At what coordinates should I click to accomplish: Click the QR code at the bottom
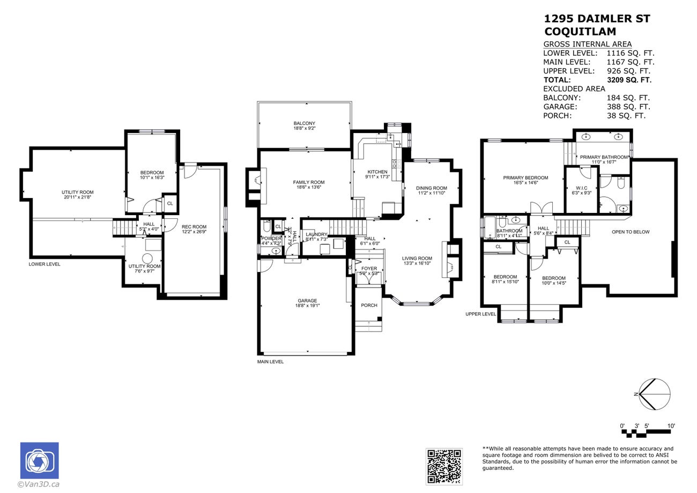click(x=444, y=466)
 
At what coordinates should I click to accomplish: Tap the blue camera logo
click(x=40, y=460)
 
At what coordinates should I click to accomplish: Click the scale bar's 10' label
click(x=671, y=426)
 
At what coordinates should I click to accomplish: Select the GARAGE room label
click(x=307, y=301)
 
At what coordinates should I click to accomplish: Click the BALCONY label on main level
click(x=304, y=124)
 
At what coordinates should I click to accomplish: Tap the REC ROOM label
click(x=194, y=226)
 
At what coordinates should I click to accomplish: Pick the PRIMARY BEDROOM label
click(x=525, y=178)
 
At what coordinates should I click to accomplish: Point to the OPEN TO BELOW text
click(x=631, y=232)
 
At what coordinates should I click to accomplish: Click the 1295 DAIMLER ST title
click(x=597, y=19)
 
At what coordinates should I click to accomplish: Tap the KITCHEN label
click(x=377, y=172)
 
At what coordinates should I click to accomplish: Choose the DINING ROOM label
click(x=431, y=188)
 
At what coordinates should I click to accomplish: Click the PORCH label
click(x=369, y=305)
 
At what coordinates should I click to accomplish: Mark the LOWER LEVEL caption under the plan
click(x=45, y=264)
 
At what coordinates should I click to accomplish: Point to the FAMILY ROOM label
click(x=308, y=182)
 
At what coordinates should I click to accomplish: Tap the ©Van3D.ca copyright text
click(x=39, y=484)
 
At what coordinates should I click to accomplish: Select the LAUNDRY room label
click(x=316, y=234)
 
